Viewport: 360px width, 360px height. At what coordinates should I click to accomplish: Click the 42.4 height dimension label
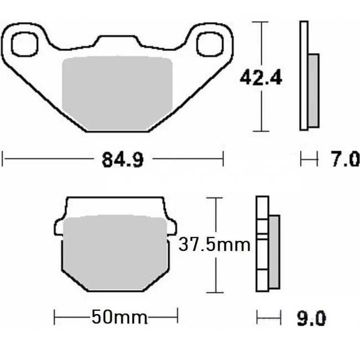pyautogui.click(x=260, y=78)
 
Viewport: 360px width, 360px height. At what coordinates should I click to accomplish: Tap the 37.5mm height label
pyautogui.click(x=214, y=244)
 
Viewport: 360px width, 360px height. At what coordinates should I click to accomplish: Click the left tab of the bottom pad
pyautogui.click(x=59, y=227)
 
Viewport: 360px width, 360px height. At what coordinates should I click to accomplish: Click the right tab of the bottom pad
pyautogui.click(x=172, y=227)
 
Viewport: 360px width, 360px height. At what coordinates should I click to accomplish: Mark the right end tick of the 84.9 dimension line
pyautogui.click(x=223, y=160)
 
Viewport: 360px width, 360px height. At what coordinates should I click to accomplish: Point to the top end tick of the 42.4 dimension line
pyautogui.click(x=260, y=22)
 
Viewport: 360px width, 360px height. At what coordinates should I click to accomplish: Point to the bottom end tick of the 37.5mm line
pyautogui.click(x=214, y=292)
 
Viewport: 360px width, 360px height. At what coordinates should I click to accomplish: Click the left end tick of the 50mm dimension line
pyautogui.click(x=55, y=317)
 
